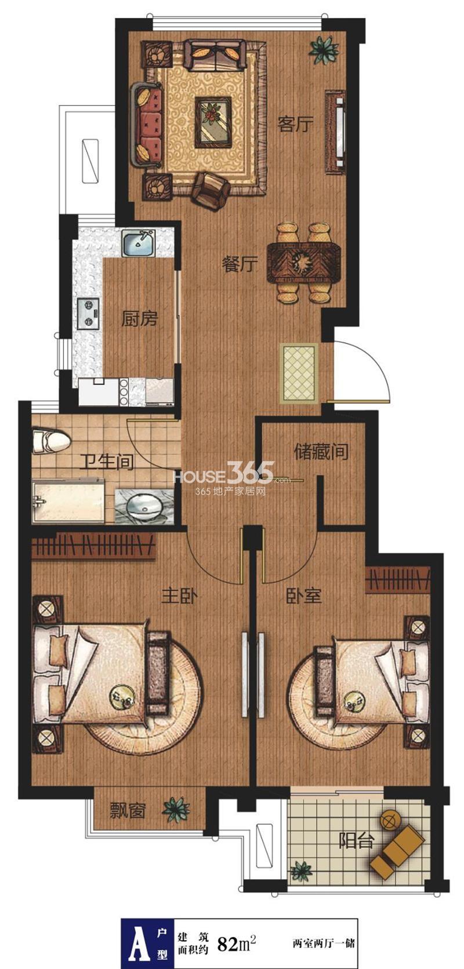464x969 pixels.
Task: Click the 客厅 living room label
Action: tap(295, 125)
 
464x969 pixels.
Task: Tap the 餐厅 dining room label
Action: tap(240, 264)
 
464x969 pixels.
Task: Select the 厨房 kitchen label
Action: tap(139, 319)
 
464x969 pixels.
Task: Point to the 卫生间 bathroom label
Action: tap(107, 462)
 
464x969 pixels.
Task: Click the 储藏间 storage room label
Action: tap(321, 452)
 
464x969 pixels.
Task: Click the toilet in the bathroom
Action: tap(50, 441)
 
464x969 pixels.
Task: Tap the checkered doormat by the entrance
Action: tap(299, 373)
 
